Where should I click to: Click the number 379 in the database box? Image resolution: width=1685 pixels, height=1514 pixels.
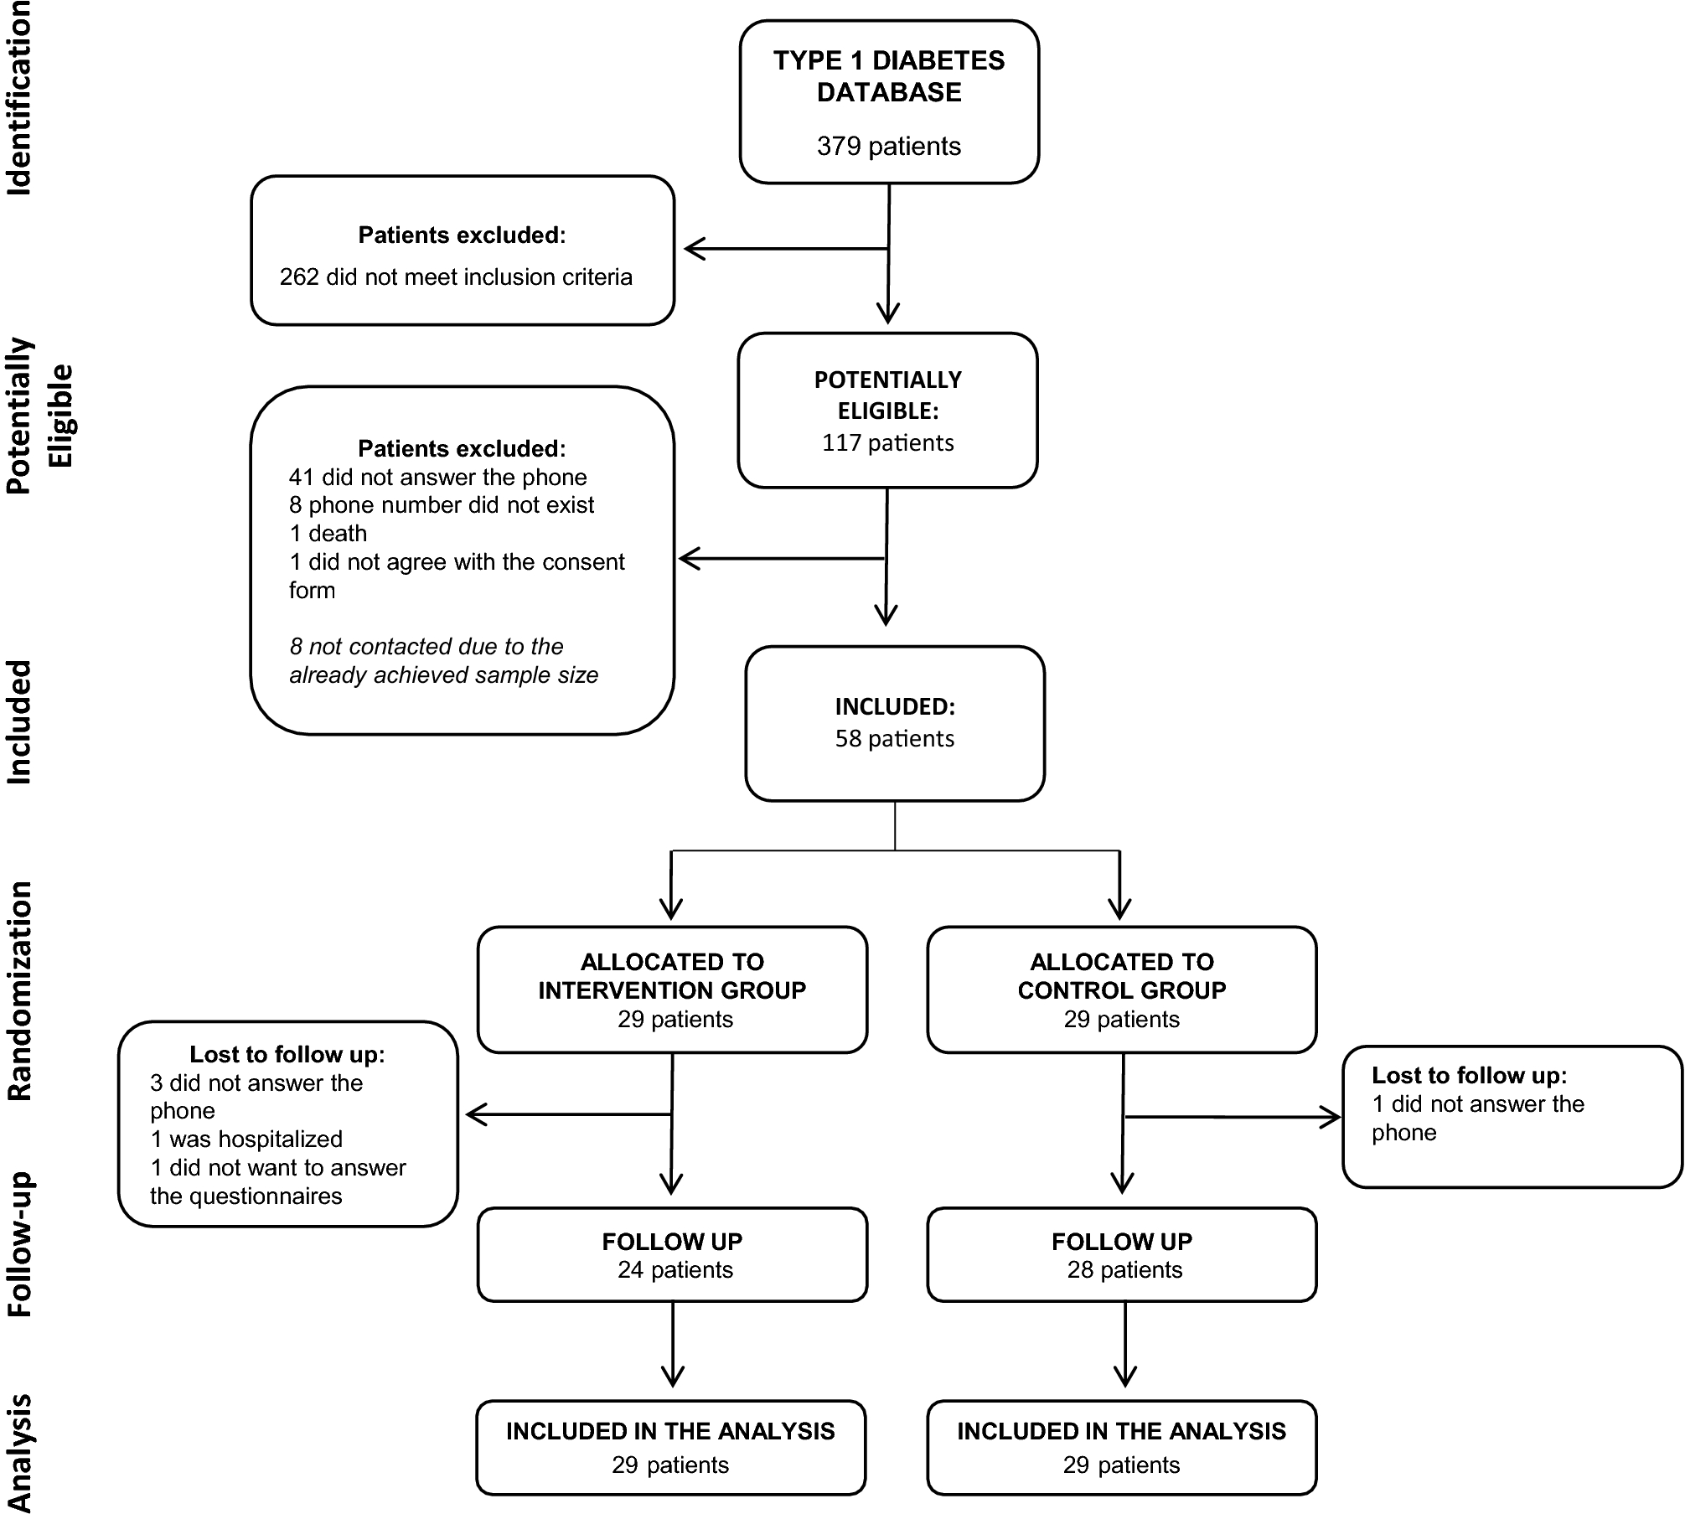point(840,147)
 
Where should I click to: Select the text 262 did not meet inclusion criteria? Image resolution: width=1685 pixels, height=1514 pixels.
point(456,277)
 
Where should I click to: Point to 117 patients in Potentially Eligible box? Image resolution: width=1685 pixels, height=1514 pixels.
point(887,443)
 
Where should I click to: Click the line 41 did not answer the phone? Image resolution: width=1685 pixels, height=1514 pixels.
point(437,478)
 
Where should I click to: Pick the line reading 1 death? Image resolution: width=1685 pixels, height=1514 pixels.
point(328,534)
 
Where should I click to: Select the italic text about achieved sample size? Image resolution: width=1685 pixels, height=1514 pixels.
point(443,661)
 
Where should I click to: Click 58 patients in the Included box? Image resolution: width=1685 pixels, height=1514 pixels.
point(894,739)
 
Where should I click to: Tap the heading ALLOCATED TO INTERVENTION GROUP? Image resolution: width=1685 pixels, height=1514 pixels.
point(672,976)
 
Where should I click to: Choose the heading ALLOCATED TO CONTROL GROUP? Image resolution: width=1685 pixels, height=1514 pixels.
point(1121,976)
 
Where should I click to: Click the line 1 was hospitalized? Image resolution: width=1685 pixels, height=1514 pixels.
point(246,1139)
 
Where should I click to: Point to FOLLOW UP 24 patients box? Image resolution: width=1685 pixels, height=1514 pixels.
point(672,1255)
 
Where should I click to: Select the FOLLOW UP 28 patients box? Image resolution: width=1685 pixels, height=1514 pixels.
point(1121,1255)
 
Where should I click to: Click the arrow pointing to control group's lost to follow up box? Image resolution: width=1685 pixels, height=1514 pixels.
point(1328,1117)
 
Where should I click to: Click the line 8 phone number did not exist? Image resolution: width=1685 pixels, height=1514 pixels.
point(442,505)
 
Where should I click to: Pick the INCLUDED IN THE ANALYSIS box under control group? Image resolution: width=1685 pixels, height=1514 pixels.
point(1121,1447)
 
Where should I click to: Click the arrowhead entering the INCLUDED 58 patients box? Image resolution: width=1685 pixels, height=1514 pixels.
point(886,616)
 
